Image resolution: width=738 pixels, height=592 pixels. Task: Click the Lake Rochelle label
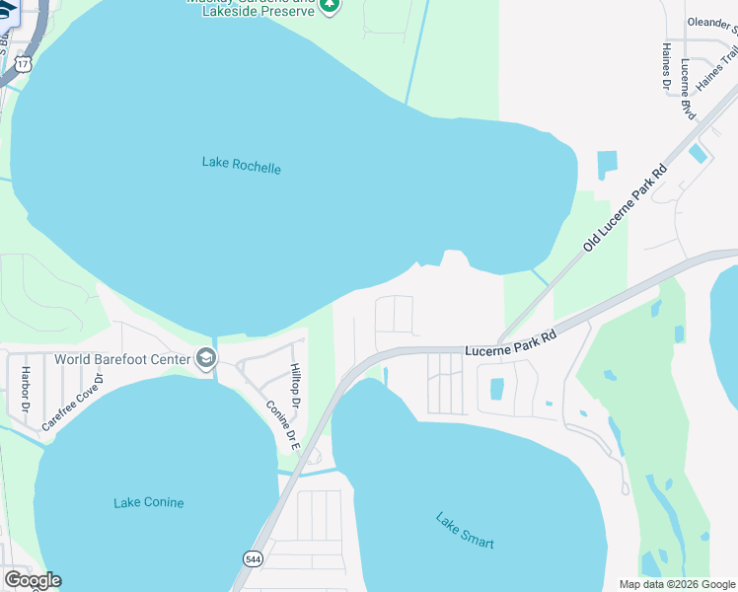click(x=241, y=166)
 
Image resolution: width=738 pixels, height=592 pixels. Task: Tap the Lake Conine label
click(x=148, y=502)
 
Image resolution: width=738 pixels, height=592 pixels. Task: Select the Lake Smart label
click(x=465, y=531)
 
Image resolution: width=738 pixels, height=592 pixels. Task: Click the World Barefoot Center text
click(x=123, y=358)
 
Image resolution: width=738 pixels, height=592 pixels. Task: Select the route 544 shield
click(x=252, y=558)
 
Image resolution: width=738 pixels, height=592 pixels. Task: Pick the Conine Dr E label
click(x=283, y=425)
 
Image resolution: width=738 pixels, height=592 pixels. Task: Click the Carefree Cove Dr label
click(x=73, y=403)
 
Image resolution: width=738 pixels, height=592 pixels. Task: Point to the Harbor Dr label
click(x=24, y=391)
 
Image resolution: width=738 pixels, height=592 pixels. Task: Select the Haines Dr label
click(x=666, y=69)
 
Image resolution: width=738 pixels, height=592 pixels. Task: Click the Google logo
click(x=32, y=580)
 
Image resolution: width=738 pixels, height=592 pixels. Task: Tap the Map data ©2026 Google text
click(x=677, y=584)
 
